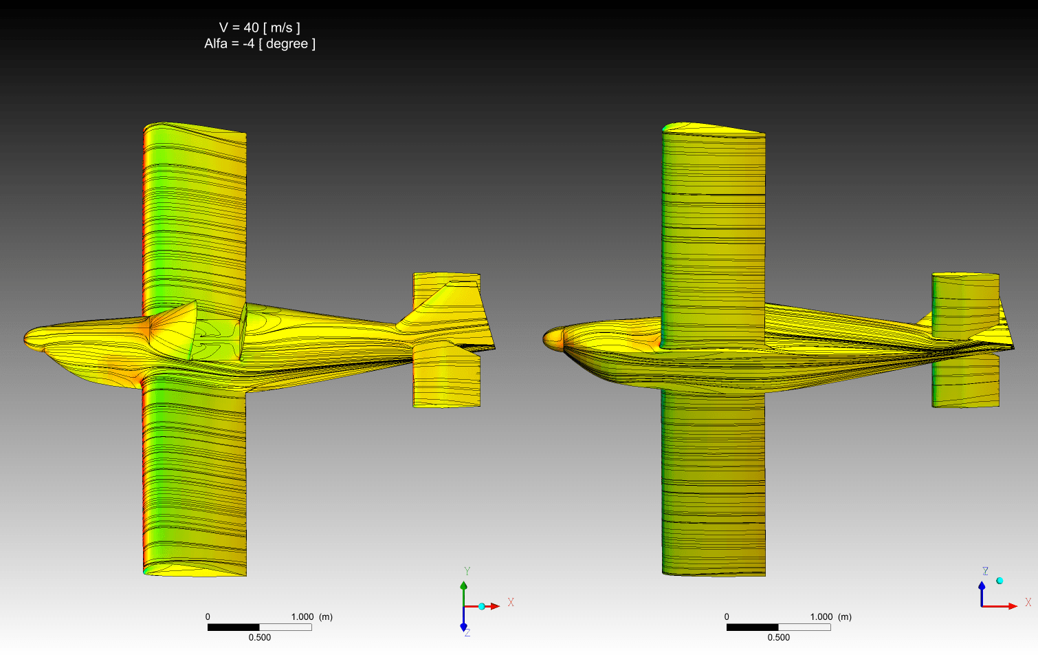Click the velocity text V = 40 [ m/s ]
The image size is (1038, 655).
tap(260, 28)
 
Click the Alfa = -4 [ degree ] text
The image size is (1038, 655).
tap(260, 43)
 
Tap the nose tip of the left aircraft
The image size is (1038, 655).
tap(25, 339)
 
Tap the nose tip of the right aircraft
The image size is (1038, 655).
tap(544, 339)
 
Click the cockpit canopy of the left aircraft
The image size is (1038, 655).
tap(174, 330)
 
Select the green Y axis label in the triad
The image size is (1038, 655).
tap(467, 571)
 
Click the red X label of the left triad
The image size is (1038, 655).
tap(511, 602)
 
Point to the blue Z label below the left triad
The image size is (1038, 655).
tap(467, 632)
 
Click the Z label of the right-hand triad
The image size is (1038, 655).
tap(986, 571)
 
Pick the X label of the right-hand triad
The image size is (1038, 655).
tap(1028, 602)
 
